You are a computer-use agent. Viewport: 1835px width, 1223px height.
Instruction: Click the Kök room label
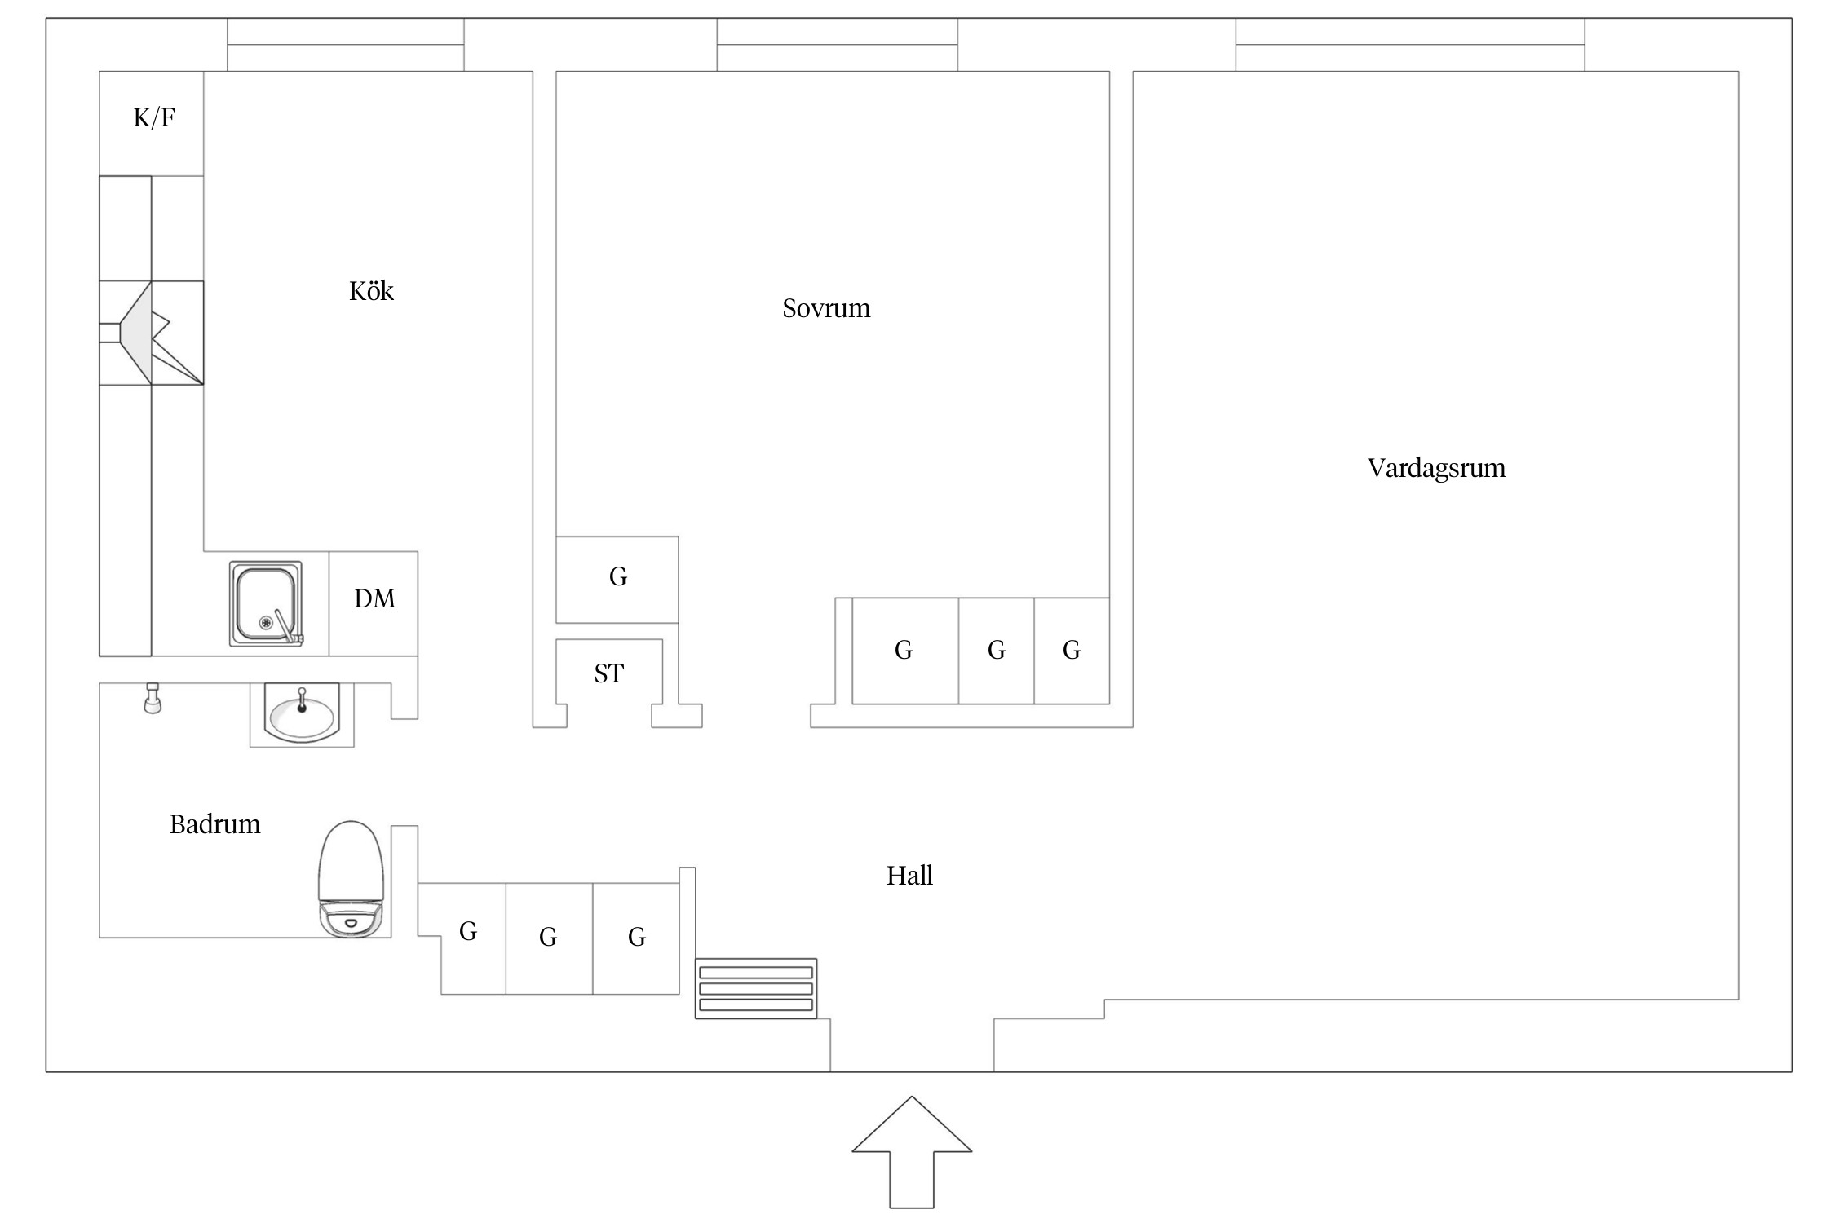tap(371, 291)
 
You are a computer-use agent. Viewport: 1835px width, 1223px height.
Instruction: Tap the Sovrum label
tap(826, 308)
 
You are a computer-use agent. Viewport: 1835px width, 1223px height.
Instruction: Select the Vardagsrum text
tap(1436, 468)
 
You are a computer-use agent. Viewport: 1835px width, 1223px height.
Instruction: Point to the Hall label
tap(909, 876)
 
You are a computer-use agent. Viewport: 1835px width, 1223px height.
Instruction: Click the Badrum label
tap(214, 824)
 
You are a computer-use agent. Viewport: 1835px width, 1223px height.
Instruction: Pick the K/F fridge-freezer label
tap(153, 118)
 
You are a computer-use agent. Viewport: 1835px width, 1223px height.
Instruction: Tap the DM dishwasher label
tap(374, 599)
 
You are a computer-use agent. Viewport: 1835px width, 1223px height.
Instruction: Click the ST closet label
tap(608, 673)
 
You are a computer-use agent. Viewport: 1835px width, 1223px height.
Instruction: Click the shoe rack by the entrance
tap(756, 988)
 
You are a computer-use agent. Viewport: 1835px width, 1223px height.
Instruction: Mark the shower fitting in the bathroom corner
tap(153, 700)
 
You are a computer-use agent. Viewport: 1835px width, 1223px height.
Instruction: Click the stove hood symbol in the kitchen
tap(152, 333)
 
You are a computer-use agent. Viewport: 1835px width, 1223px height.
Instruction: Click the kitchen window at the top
tap(345, 46)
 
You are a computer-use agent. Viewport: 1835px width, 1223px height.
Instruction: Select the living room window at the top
tap(1409, 46)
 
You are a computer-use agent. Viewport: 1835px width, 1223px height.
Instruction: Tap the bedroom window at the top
tap(837, 46)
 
